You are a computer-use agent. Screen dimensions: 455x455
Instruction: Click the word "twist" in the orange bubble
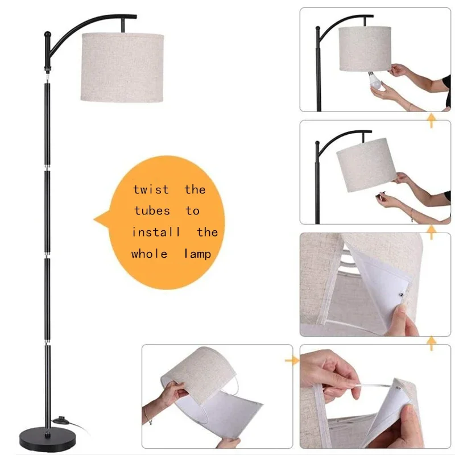click(x=151, y=189)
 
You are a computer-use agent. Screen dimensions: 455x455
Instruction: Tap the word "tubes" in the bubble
click(x=152, y=211)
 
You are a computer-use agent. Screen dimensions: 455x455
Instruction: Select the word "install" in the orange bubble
click(x=156, y=232)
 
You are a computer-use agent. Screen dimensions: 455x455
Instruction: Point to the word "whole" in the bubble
click(x=149, y=254)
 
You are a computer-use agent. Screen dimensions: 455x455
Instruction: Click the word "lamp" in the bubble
click(x=197, y=254)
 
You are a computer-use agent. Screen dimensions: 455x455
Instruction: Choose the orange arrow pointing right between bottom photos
click(x=293, y=359)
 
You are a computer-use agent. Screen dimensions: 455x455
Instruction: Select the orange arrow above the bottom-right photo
click(x=432, y=342)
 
